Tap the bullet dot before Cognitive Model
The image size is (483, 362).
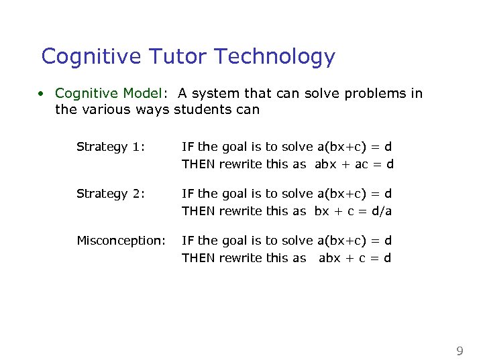coord(41,94)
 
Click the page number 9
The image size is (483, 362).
coord(460,351)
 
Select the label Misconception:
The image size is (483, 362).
coord(121,240)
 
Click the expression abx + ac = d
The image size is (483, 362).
coord(354,164)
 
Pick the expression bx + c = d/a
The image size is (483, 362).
coord(353,211)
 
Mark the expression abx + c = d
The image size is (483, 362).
coord(355,258)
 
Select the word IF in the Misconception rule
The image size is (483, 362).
coord(188,240)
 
